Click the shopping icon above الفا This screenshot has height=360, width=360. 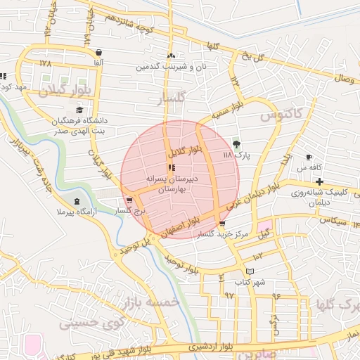pyautogui.click(x=98, y=53)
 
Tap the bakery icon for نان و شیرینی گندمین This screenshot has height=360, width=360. pyautogui.click(x=171, y=56)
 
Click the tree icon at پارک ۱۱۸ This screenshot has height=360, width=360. pyautogui.click(x=236, y=143)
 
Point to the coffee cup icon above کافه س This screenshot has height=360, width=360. pyautogui.click(x=309, y=157)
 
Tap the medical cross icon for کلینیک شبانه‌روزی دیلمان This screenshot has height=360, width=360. pyautogui.click(x=319, y=182)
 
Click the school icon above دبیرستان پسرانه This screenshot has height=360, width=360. pyautogui.click(x=171, y=167)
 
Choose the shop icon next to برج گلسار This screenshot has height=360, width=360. pyautogui.click(x=119, y=200)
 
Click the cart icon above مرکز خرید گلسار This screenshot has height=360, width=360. pyautogui.click(x=222, y=224)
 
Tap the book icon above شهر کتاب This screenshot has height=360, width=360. pyautogui.click(x=250, y=271)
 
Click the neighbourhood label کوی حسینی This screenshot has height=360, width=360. pyautogui.click(x=84, y=323)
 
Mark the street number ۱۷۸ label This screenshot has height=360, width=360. pyautogui.click(x=46, y=63)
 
